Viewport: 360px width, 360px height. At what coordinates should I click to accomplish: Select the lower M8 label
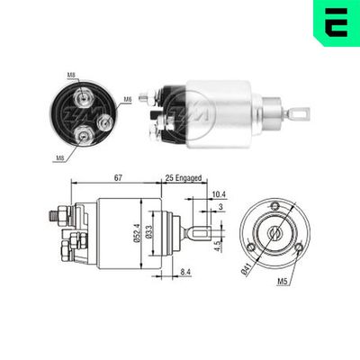coord(60,158)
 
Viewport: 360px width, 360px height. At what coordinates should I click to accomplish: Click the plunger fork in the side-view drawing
coord(202,236)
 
